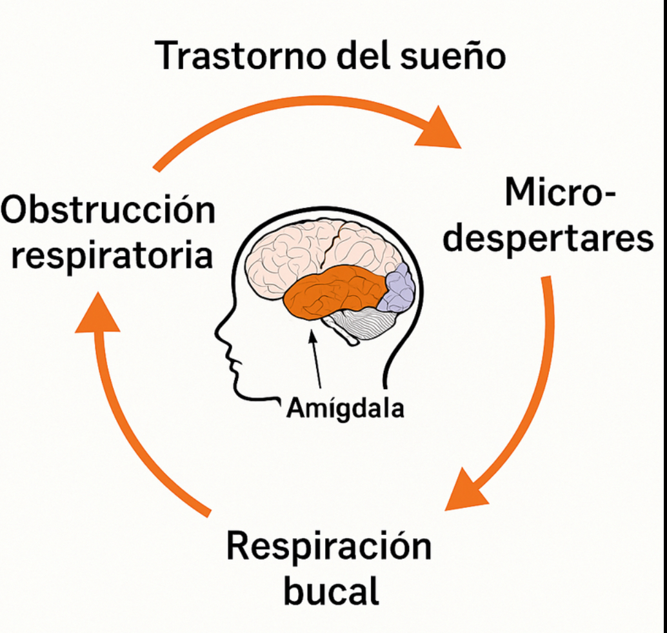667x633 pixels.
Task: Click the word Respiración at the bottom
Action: (x=329, y=548)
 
